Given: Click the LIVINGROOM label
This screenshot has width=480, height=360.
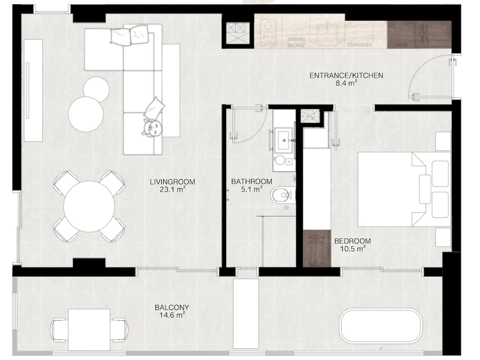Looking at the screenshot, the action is [x=172, y=185].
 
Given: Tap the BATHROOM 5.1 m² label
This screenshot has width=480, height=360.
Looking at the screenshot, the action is [x=252, y=185].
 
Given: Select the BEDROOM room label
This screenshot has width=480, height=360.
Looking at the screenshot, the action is [x=353, y=245].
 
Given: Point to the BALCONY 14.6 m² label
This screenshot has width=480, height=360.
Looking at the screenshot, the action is [x=172, y=311].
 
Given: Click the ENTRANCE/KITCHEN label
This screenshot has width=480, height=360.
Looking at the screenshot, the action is [x=346, y=79].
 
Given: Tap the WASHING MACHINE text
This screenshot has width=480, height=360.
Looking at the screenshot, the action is [x=296, y=42].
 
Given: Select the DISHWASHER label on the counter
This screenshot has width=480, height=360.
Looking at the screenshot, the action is [x=359, y=45].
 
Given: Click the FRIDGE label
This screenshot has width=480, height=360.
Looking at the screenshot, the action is [x=400, y=45].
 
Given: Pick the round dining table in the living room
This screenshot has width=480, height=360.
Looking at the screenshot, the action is [x=89, y=206].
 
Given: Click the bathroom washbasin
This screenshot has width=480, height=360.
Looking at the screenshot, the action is [x=284, y=140].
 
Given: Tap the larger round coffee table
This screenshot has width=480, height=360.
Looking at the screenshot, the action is [x=85, y=114].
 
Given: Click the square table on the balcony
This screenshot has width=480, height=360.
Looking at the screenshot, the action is [x=89, y=330].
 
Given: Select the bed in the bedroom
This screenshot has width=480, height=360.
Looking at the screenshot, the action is [x=404, y=189].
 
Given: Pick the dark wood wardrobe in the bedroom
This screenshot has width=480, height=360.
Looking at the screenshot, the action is [x=317, y=248].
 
